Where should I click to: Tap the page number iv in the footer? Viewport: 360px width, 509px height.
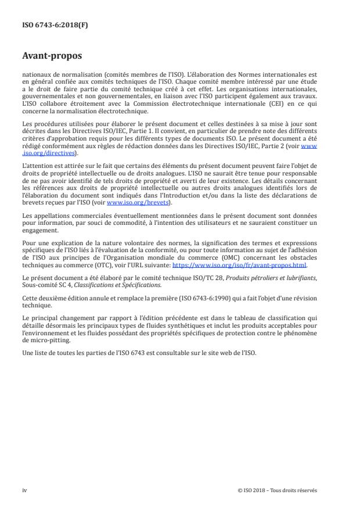coord(24,490)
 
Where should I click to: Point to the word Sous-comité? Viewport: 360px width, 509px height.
coord(38,285)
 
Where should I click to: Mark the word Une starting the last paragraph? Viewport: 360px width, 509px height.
coord(28,353)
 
